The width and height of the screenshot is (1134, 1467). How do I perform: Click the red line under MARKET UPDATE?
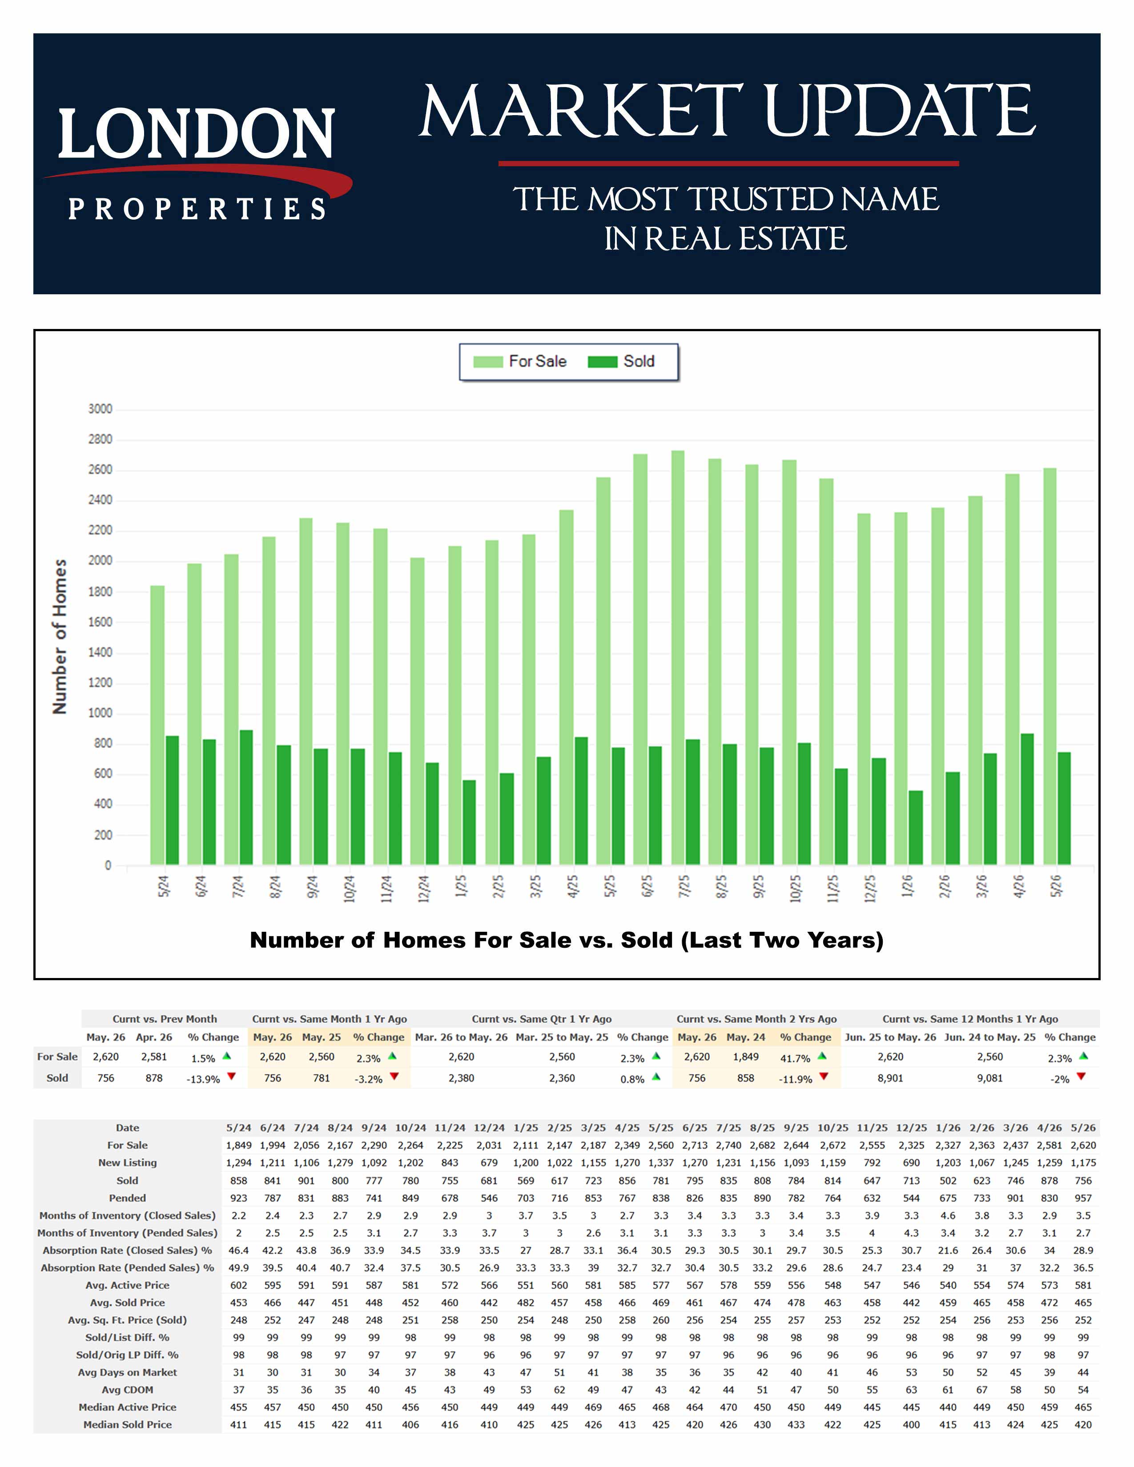tap(728, 163)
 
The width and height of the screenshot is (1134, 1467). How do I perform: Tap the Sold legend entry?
tap(621, 361)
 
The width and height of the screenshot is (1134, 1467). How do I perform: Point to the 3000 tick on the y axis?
tap(100, 409)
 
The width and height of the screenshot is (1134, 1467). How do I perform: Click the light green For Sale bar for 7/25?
tap(678, 657)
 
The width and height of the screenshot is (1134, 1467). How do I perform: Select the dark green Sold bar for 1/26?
tap(916, 828)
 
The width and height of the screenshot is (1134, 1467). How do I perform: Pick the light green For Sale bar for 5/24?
tap(157, 725)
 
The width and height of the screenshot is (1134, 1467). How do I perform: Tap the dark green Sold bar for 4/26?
tap(1027, 799)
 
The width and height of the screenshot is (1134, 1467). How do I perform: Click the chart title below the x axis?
tap(566, 940)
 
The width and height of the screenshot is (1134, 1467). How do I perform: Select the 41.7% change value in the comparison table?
tap(795, 1058)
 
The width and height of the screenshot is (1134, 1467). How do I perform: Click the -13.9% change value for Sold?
tap(203, 1079)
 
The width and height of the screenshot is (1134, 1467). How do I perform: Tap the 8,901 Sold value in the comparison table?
tap(890, 1078)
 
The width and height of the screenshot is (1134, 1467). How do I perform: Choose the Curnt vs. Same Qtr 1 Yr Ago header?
tap(542, 1019)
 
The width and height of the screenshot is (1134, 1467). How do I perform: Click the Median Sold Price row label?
tap(128, 1425)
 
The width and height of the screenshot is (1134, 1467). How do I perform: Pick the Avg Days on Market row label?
tap(128, 1372)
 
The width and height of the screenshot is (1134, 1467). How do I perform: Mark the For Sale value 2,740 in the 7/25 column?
tap(728, 1145)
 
